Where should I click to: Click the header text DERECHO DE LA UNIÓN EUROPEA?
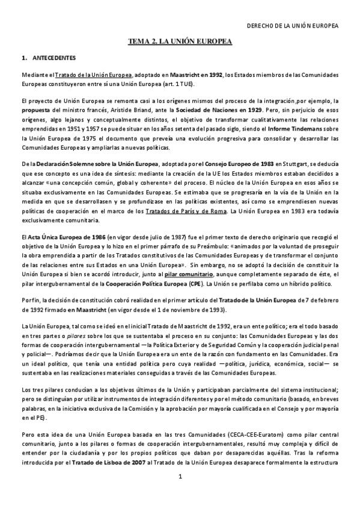(x=294, y=26)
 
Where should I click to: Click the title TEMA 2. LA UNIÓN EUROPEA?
(x=180, y=41)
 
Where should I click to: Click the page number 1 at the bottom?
(x=180, y=477)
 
